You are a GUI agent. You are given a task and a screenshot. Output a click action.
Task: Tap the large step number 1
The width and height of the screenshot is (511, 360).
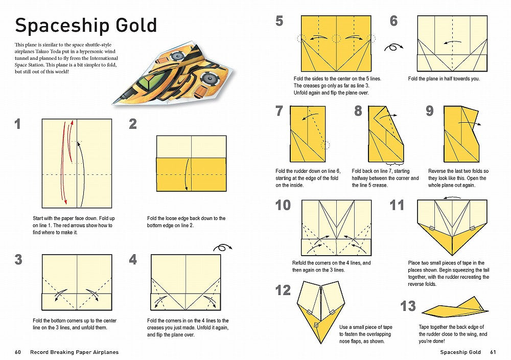tap(17, 124)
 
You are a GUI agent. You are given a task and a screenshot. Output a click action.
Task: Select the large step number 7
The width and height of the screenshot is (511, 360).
tap(280, 111)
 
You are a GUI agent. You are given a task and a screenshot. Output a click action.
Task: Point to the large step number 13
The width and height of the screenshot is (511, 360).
tap(408, 306)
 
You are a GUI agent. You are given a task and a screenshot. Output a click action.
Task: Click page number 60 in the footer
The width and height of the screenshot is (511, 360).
tap(18, 352)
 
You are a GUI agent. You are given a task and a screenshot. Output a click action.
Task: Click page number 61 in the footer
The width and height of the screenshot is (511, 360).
tap(493, 352)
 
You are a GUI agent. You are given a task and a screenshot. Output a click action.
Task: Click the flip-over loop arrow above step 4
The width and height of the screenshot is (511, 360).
tap(223, 248)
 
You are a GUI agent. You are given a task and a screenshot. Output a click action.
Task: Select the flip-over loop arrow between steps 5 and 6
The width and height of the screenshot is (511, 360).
tap(393, 47)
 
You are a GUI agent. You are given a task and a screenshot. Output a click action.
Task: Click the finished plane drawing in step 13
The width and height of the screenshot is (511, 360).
tap(455, 308)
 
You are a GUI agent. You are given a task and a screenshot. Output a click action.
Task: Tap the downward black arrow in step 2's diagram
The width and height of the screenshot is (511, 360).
tap(187, 174)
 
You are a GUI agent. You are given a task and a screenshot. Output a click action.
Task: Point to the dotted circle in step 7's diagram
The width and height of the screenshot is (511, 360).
tap(325, 145)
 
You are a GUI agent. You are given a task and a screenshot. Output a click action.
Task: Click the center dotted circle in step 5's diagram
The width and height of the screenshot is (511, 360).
tap(336, 38)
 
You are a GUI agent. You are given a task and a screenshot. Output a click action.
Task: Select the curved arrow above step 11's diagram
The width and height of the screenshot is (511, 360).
tap(452, 197)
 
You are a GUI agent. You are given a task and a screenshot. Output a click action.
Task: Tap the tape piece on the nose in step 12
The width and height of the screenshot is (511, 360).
tap(316, 325)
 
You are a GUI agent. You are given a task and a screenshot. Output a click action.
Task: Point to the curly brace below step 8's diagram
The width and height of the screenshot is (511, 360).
tap(394, 163)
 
